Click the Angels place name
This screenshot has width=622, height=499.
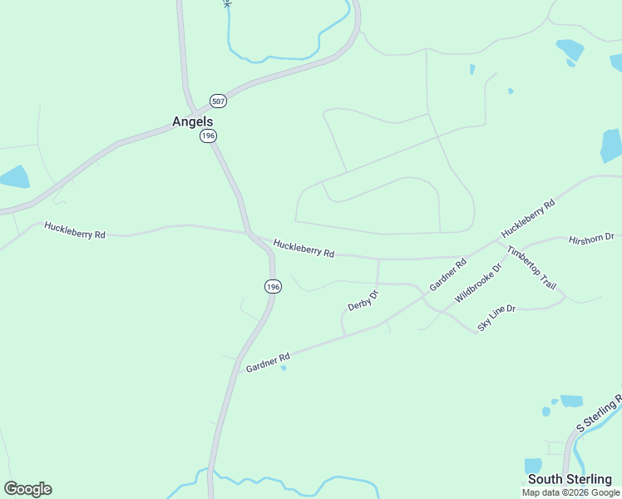193,121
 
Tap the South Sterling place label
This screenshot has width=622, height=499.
570,479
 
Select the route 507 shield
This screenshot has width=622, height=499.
218,101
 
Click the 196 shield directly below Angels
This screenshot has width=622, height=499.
208,136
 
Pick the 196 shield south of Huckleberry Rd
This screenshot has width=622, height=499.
273,286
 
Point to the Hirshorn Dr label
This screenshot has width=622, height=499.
590,240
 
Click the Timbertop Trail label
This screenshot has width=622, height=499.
531,268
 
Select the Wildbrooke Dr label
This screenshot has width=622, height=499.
479,284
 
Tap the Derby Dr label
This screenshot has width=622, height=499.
363,300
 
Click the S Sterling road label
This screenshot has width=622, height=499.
600,413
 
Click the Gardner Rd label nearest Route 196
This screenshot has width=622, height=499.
267,362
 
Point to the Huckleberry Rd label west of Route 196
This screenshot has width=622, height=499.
75,230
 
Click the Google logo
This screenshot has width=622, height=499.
27,489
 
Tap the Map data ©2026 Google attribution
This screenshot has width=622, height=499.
570,492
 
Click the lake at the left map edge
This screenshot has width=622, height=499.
14,176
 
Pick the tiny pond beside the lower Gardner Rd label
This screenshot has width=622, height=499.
284,368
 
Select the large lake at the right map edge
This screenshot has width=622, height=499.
611,146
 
